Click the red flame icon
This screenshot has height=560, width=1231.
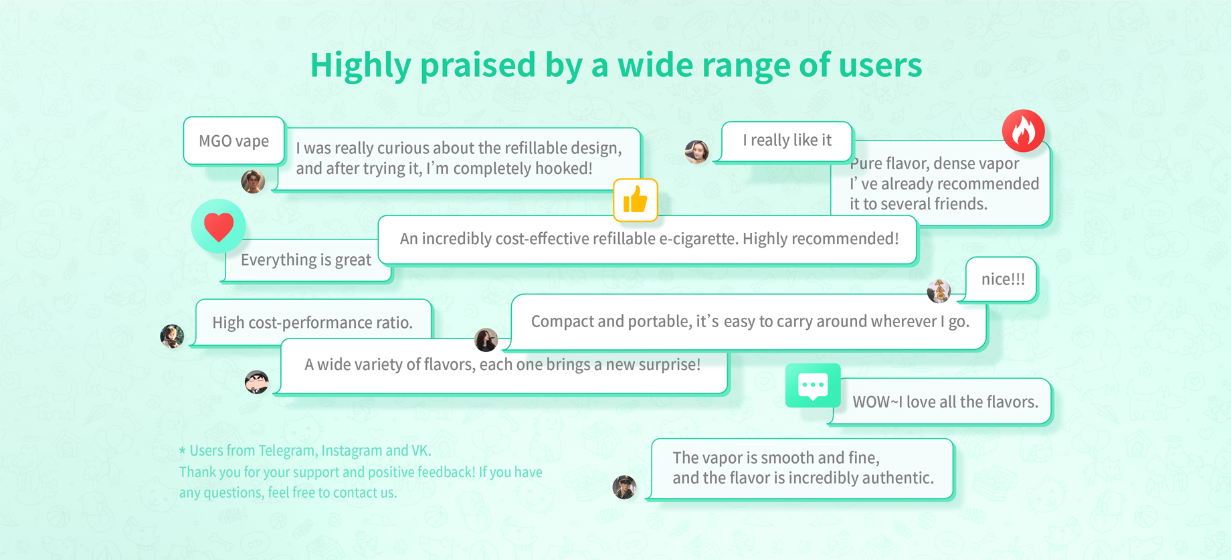pos(1023,130)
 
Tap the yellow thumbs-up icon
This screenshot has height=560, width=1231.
pos(636,200)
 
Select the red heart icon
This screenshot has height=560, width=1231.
pos(218,226)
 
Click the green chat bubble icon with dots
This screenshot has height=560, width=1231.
pos(813,385)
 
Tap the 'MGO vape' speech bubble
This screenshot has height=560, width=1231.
pos(234,141)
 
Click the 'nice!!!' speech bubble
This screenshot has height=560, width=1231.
pos(1002,279)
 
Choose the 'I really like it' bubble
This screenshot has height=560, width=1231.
pos(787,141)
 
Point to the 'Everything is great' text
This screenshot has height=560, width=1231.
pos(306,260)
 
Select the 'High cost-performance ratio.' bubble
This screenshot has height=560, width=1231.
pos(312,322)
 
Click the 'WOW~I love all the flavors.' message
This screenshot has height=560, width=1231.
pos(945,401)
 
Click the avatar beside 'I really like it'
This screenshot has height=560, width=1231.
pos(696,152)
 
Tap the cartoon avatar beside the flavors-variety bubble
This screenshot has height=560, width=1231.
pos(257,382)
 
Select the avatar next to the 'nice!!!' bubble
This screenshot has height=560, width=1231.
pos(939,291)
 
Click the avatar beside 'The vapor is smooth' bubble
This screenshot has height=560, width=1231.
pos(624,487)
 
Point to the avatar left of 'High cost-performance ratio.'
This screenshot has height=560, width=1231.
pos(173,336)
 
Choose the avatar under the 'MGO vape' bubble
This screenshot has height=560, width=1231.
pos(253,181)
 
